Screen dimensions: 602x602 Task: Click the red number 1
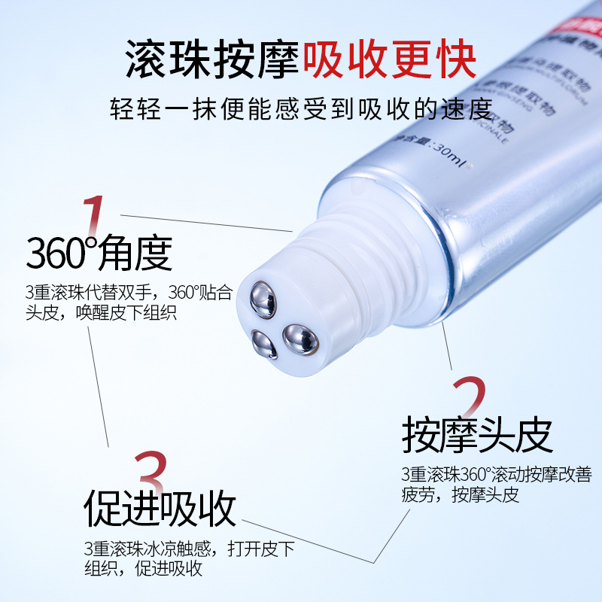[92, 214]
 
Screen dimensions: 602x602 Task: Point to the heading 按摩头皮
[477, 434]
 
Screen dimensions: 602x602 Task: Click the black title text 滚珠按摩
[211, 57]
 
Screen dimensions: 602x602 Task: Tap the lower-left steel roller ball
[263, 344]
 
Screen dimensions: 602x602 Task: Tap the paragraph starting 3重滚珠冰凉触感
[189, 558]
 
